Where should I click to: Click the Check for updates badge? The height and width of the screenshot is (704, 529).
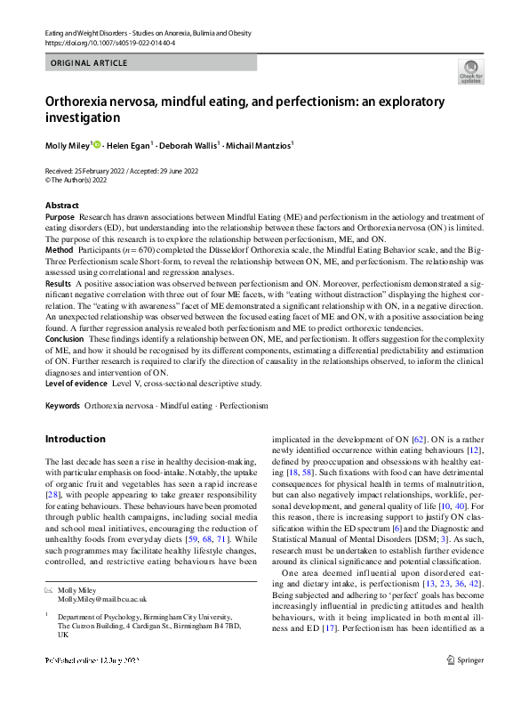tap(470, 71)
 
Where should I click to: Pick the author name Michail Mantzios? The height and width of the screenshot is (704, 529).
tap(261, 144)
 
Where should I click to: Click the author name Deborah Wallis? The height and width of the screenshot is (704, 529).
tap(192, 144)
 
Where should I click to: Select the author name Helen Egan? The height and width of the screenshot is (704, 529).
tap(129, 144)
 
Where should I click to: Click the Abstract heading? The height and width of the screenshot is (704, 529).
tap(61, 205)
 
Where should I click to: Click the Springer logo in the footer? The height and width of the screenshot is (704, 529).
tap(466, 684)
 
